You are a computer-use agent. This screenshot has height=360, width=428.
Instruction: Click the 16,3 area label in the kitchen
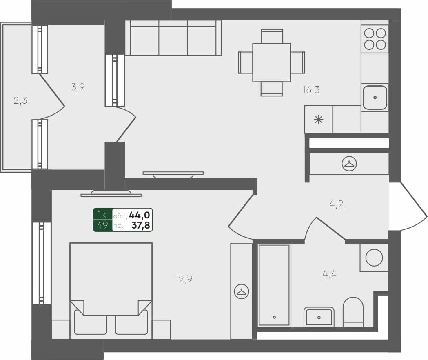click(x=311, y=90)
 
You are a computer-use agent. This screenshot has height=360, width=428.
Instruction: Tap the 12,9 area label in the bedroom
click(x=184, y=279)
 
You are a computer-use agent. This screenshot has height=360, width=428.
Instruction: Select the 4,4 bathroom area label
click(x=329, y=273)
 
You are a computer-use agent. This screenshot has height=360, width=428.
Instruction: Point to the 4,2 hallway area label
click(x=336, y=204)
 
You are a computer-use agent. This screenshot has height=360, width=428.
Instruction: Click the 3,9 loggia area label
click(x=78, y=87)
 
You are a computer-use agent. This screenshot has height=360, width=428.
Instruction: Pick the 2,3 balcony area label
click(x=20, y=100)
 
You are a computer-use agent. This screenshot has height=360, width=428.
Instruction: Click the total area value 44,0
click(x=140, y=215)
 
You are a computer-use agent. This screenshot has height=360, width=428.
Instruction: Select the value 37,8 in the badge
click(x=140, y=225)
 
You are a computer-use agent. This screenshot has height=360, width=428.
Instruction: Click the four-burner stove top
click(x=375, y=38)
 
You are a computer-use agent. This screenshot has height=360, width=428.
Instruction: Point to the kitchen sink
click(x=375, y=98)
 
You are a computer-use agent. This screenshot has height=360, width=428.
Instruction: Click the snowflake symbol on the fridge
click(x=318, y=120)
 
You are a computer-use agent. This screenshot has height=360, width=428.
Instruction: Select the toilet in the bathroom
click(x=353, y=312)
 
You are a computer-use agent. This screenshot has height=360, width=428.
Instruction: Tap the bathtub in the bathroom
click(x=274, y=285)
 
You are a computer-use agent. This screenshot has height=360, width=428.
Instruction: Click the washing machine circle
click(x=374, y=258)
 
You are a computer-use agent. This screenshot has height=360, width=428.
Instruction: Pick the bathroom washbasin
click(x=319, y=317)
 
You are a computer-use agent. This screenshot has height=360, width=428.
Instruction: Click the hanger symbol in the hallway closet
click(x=349, y=164)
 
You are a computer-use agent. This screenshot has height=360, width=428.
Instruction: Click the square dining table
click(x=271, y=62)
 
